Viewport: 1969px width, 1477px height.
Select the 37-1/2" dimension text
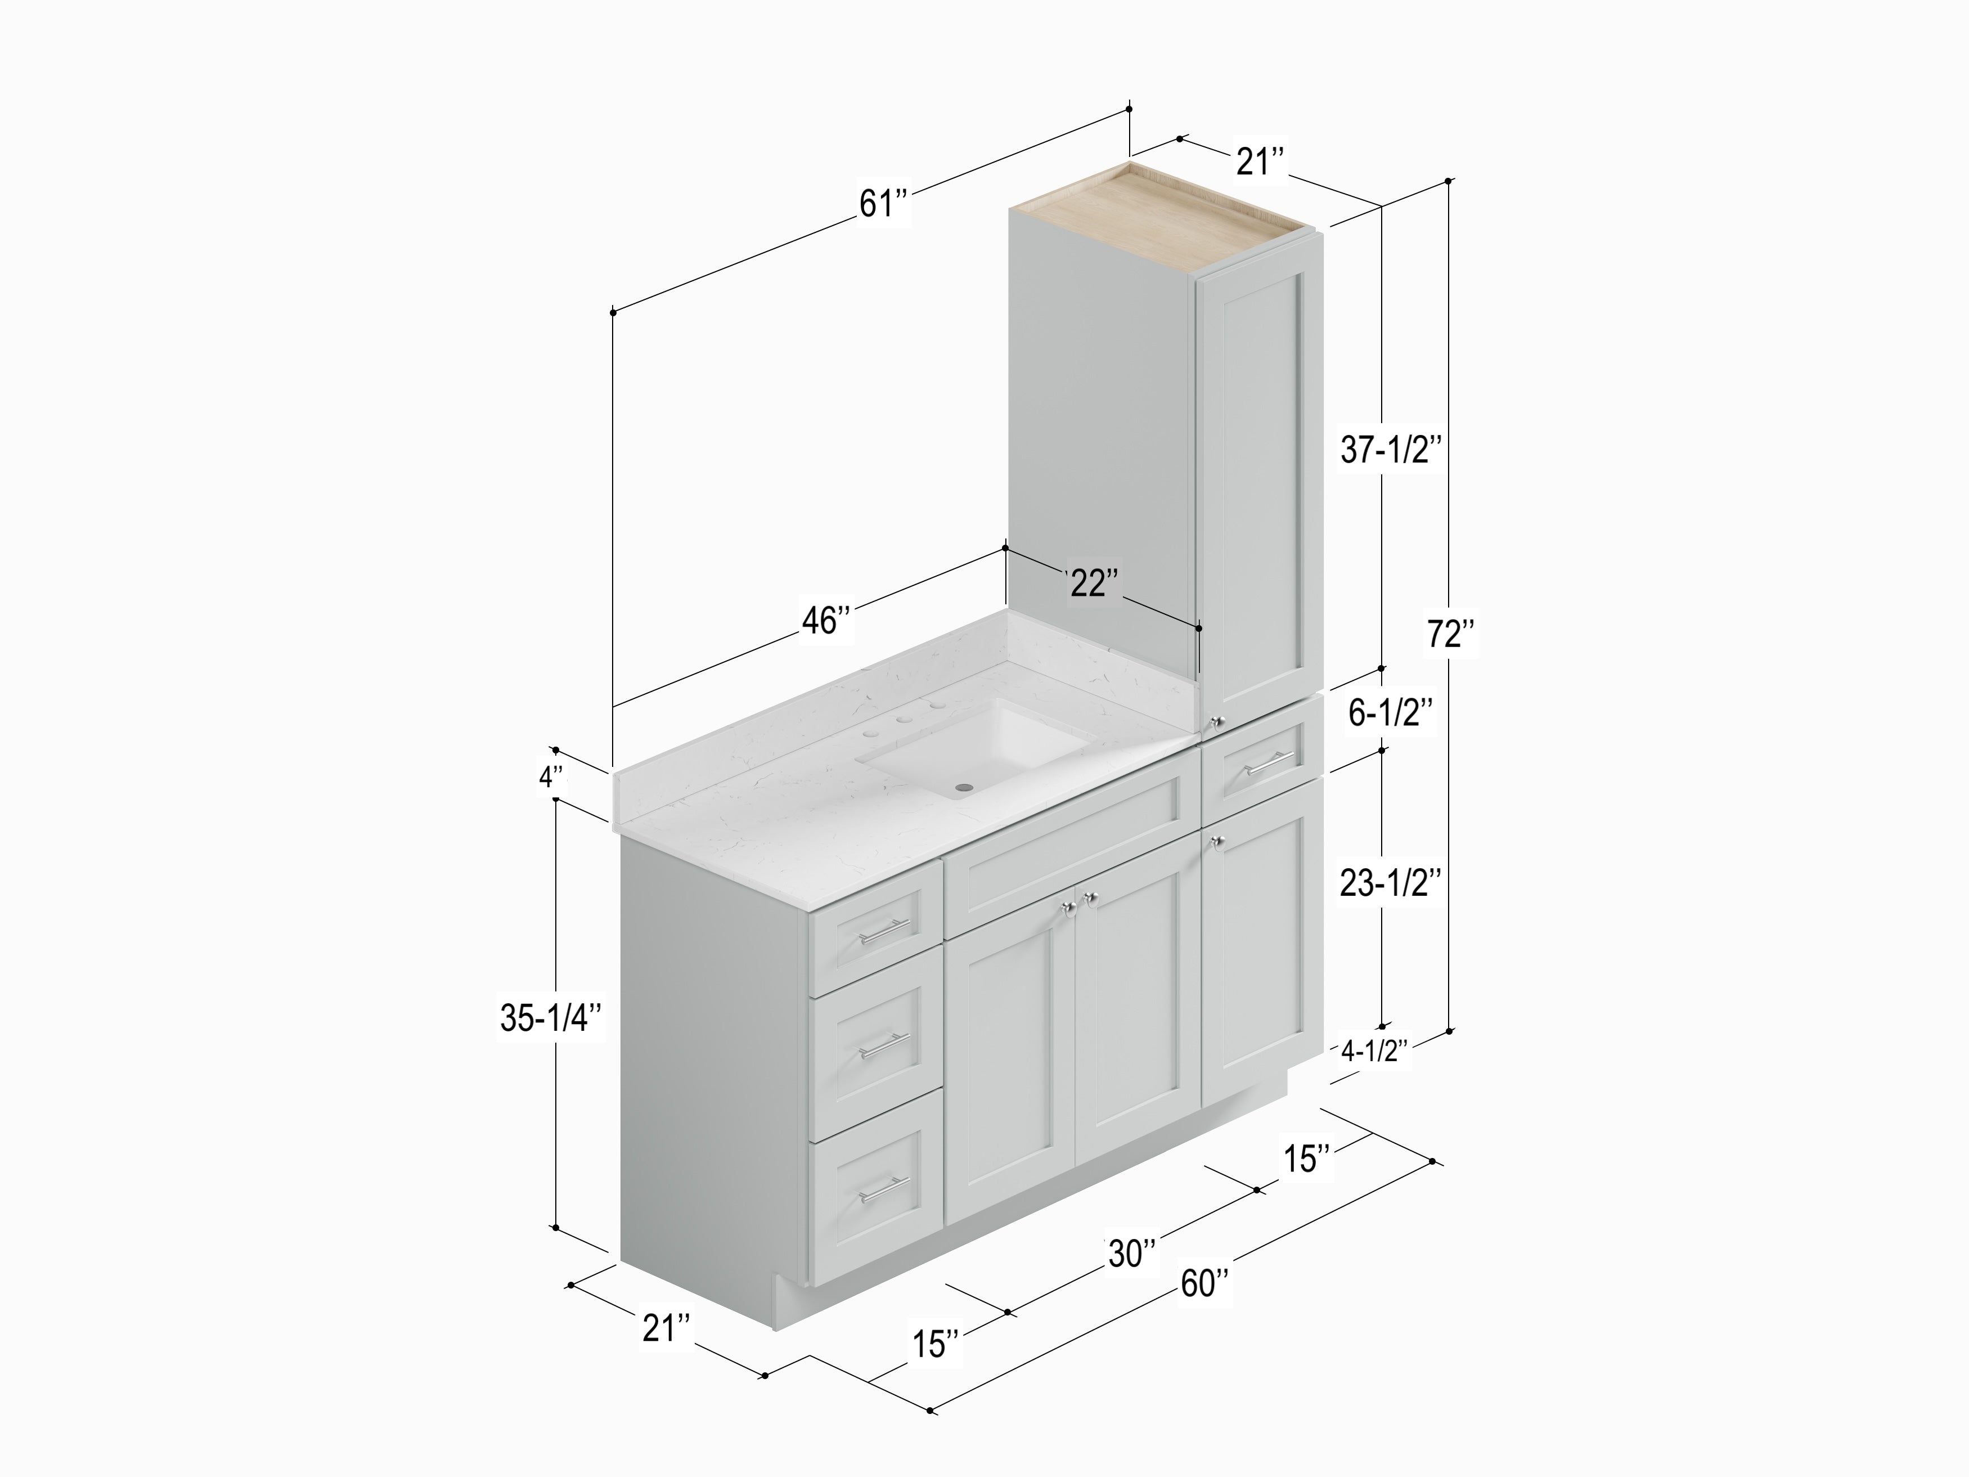point(1391,451)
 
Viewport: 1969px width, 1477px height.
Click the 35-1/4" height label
point(552,1018)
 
